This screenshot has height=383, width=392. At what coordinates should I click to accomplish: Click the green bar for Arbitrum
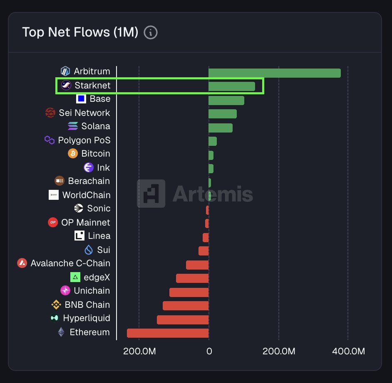pos(274,73)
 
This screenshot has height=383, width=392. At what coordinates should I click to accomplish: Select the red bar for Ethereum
pos(168,333)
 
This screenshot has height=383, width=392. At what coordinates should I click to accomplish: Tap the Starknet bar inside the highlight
pos(231,86)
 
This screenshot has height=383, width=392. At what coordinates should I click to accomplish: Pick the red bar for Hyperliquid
pos(183,319)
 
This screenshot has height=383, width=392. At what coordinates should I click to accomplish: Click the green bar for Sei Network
pos(222,114)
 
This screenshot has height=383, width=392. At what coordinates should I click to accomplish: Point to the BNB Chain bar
pos(186,306)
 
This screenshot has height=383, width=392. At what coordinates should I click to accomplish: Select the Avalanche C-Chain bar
pos(197,265)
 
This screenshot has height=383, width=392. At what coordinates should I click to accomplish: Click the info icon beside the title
pos(151,32)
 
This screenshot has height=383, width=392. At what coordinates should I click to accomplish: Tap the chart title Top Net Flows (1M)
pos(80,32)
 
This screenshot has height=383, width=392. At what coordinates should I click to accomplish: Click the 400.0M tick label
pos(349,351)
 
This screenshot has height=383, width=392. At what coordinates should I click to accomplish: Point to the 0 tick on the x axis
pos(209,351)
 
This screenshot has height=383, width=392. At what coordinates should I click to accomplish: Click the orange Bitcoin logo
pos(73,154)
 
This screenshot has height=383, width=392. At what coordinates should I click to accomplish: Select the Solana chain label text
pos(96,126)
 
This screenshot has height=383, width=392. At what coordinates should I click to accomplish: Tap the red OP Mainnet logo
pos(53,222)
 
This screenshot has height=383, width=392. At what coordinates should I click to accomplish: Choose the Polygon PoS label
pos(84,140)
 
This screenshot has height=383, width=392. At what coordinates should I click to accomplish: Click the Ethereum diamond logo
pos(61,332)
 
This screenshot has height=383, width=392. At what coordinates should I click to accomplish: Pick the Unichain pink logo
pos(65,290)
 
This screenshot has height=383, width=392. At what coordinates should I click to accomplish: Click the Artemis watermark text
pos(212,194)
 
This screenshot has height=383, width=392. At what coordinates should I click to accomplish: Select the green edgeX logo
pos(75,277)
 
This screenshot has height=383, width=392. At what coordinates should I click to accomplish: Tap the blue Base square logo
pos(81,99)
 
